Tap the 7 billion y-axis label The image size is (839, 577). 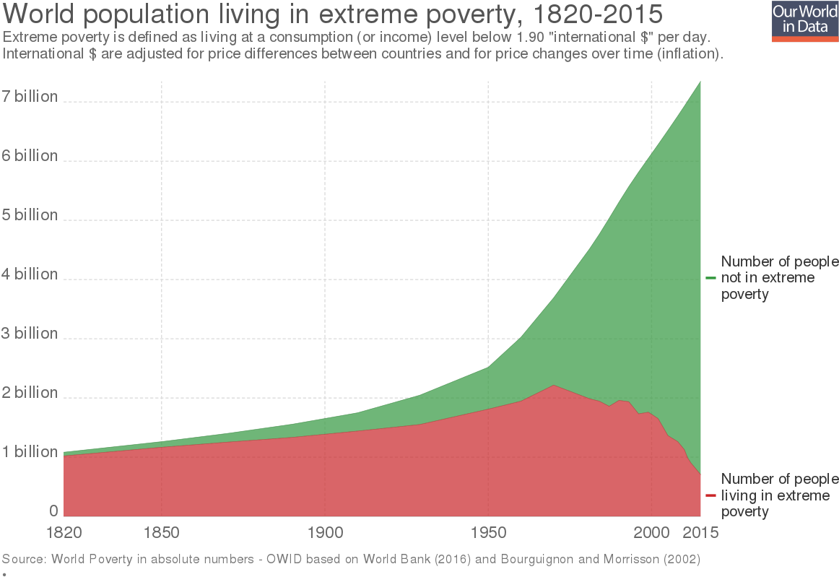click(30, 97)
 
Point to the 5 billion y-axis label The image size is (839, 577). click(30, 215)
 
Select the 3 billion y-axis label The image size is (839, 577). click(30, 334)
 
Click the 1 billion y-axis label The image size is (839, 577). click(30, 452)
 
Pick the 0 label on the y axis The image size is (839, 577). click(53, 511)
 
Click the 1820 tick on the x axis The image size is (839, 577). click(64, 533)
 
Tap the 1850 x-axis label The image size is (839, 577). click(162, 533)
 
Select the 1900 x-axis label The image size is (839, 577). click(325, 533)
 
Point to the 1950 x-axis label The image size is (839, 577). click(489, 533)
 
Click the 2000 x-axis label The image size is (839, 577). click(652, 533)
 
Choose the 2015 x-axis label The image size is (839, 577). click(700, 533)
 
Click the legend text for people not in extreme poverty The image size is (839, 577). click(779, 278)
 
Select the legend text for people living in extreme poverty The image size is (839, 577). click(779, 495)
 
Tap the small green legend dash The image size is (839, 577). click(711, 278)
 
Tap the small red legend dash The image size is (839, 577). click(711, 495)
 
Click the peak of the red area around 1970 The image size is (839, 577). click(554, 386)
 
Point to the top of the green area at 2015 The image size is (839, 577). click(700, 82)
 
